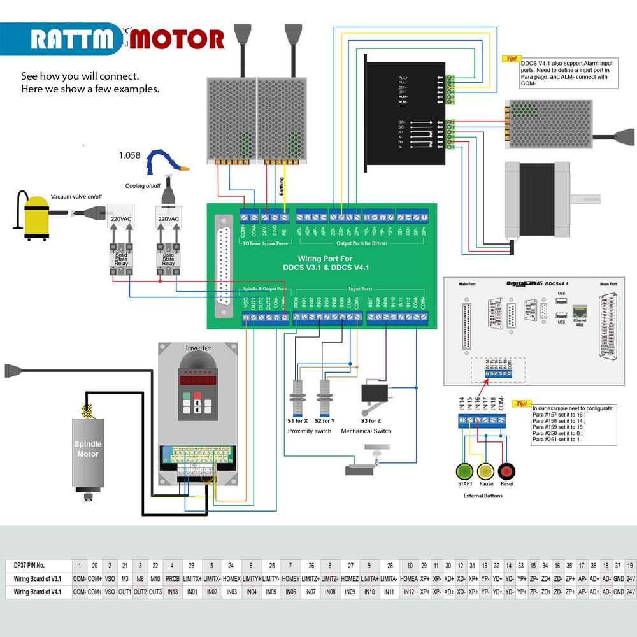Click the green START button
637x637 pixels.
(x=465, y=471)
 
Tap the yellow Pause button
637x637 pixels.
(x=486, y=471)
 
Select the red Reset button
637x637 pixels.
(x=507, y=471)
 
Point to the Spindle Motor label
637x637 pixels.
(x=88, y=448)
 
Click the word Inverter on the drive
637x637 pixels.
(x=198, y=348)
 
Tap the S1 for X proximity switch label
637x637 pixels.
(x=297, y=421)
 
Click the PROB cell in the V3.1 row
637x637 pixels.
(x=172, y=578)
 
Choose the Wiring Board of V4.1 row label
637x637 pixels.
(x=38, y=592)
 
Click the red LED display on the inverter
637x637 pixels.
(x=198, y=380)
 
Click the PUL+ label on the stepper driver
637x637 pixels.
(x=403, y=77)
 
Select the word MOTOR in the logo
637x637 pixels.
(x=178, y=39)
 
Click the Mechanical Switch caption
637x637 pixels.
(x=366, y=431)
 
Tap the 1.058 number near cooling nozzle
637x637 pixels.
(x=129, y=155)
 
